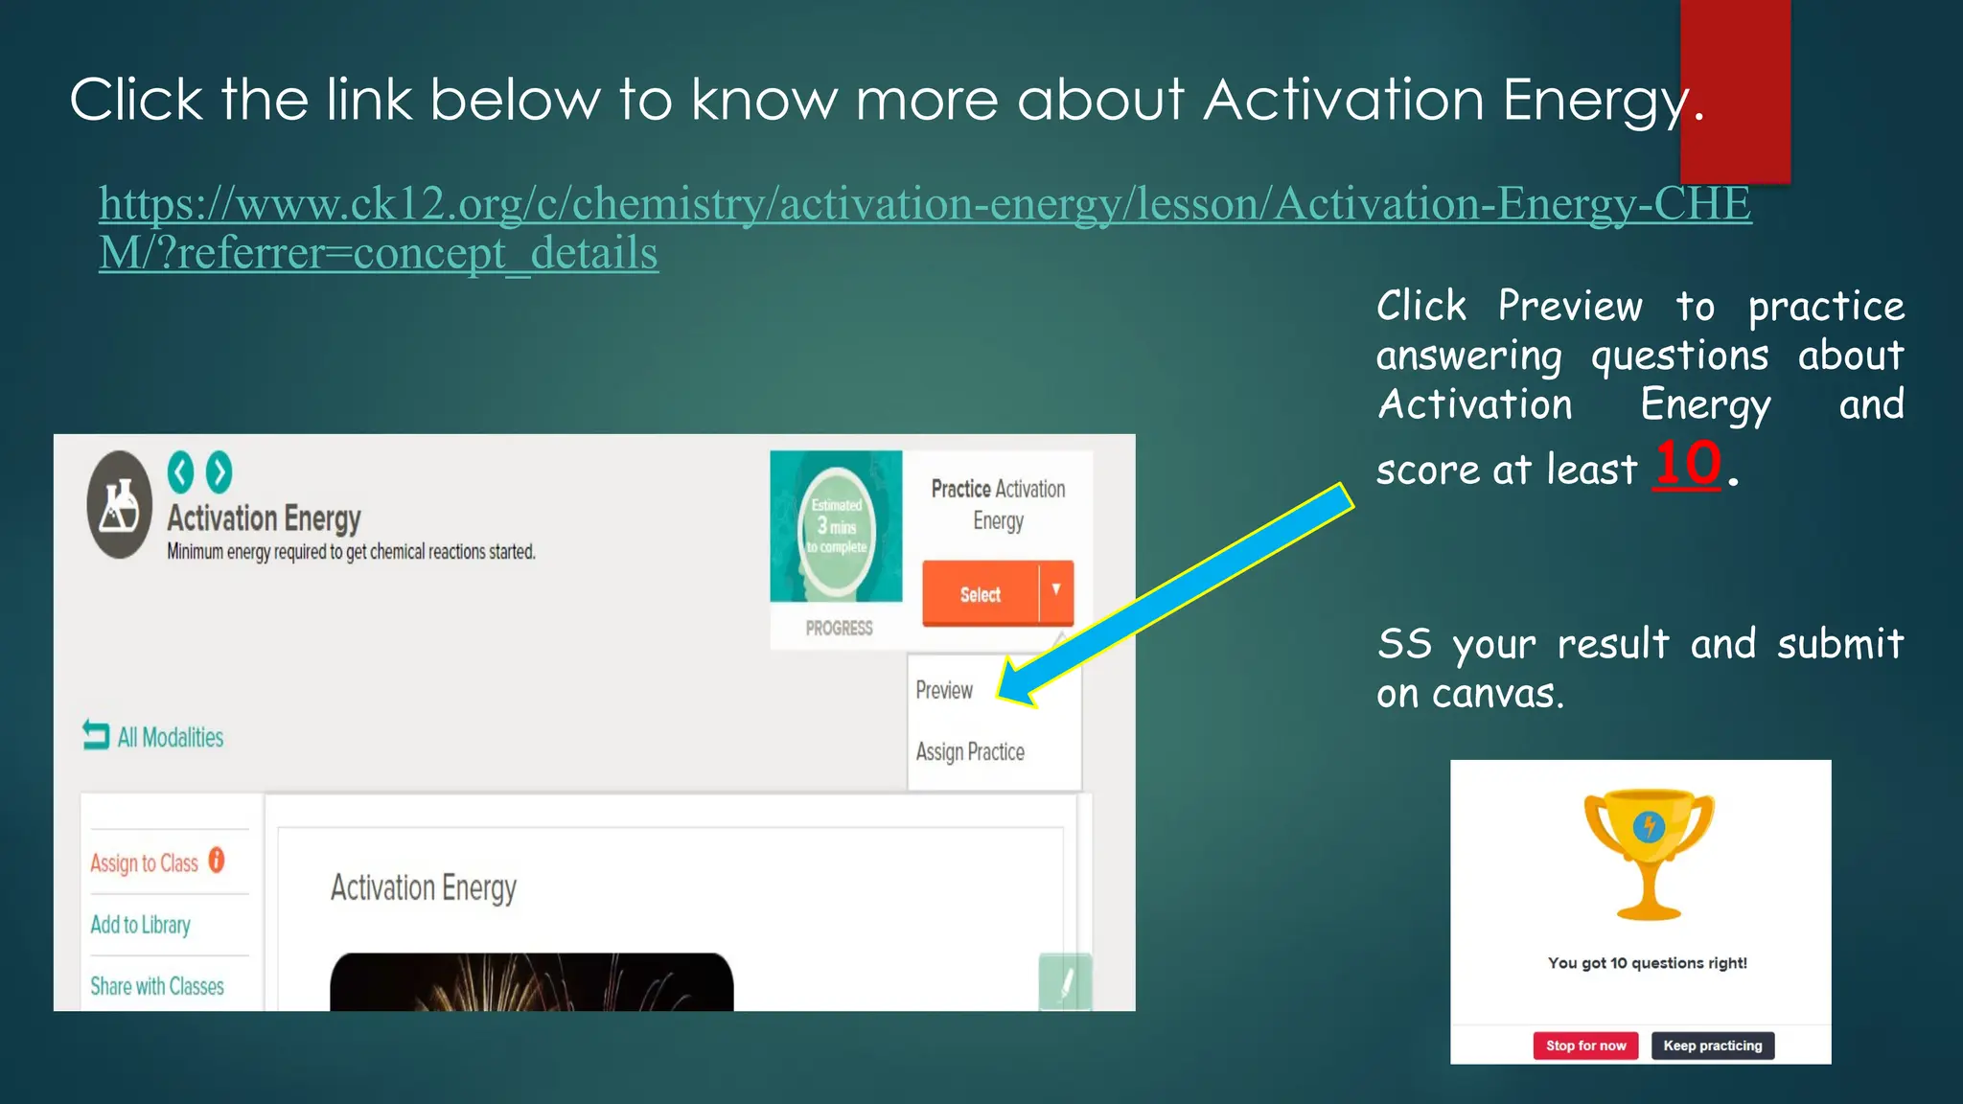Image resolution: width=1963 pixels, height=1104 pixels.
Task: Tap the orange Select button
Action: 980,594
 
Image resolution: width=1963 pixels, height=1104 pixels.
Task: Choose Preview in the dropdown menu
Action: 944,690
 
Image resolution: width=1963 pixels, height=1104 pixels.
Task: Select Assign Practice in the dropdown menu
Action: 970,751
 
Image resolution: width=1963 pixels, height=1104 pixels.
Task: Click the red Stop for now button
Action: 1585,1046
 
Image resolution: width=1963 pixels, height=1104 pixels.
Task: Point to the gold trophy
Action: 1649,853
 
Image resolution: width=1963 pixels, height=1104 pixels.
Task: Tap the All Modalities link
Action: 170,737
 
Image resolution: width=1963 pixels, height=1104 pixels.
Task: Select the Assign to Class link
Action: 145,862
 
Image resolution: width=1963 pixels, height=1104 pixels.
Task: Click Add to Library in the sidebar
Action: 141,925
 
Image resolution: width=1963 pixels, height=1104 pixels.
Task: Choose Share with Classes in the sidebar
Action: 157,986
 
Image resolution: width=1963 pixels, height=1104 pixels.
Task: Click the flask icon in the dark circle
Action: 119,505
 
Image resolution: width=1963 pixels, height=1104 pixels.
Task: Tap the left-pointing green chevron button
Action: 180,471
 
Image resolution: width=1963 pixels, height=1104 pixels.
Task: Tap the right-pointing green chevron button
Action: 219,471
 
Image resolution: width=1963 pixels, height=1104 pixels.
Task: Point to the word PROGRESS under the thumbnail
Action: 839,629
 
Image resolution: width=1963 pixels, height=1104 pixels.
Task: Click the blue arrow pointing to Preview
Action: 1179,594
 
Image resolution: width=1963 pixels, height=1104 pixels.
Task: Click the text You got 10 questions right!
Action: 1647,963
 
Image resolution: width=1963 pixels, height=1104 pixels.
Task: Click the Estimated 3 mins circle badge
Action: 837,526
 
